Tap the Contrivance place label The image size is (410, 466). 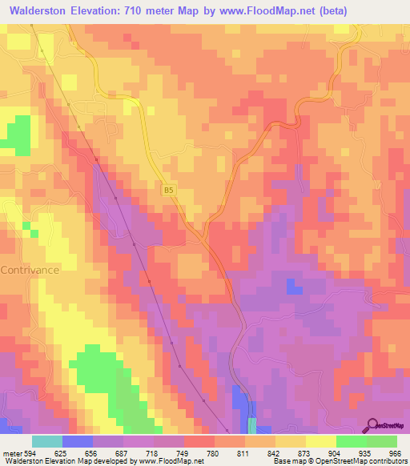(30, 271)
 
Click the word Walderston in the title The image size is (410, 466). (42, 10)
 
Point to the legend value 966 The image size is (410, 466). (396, 452)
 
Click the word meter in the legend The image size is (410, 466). (11, 452)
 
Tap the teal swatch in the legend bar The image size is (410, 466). (47, 441)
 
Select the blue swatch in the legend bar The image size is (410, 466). (78, 441)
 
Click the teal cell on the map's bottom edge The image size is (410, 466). (252, 426)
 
